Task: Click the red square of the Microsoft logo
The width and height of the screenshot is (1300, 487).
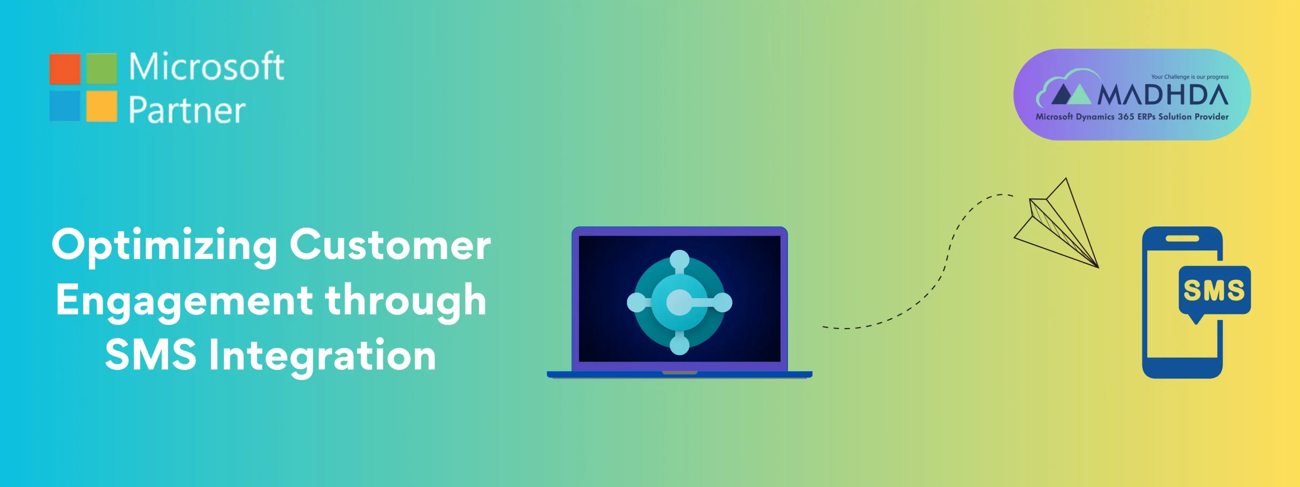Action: (x=65, y=69)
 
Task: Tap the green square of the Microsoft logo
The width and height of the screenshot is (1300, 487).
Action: (x=102, y=69)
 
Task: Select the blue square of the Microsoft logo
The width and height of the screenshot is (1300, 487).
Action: (x=65, y=106)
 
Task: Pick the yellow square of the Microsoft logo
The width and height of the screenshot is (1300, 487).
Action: (x=102, y=106)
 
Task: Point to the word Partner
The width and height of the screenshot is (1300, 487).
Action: (x=187, y=110)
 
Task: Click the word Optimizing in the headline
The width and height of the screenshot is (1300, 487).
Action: (x=165, y=246)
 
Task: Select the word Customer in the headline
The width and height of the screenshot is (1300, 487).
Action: (x=390, y=245)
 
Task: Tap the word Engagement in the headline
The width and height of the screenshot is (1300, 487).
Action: (x=184, y=302)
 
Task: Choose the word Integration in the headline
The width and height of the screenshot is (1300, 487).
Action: (x=322, y=356)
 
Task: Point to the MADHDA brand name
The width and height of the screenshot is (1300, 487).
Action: (x=1163, y=95)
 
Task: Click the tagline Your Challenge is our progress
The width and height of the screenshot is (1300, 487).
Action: (x=1190, y=77)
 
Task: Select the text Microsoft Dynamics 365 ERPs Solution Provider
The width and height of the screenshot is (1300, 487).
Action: (x=1132, y=117)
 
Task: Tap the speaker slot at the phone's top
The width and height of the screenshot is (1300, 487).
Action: (x=1182, y=238)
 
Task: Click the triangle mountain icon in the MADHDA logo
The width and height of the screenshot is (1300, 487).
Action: (x=1070, y=94)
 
